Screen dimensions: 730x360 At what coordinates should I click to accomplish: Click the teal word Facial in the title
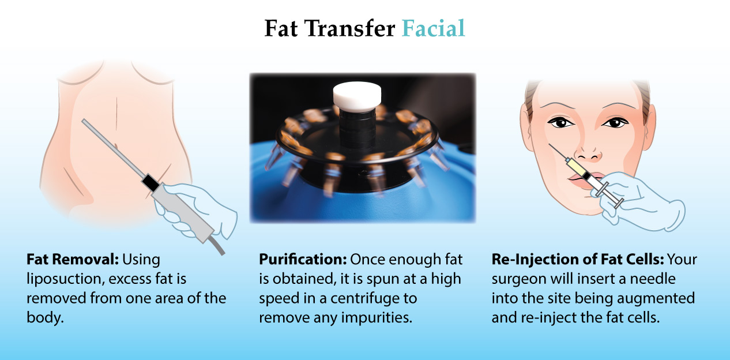(433, 28)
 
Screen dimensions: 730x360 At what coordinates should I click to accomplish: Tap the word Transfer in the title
(349, 28)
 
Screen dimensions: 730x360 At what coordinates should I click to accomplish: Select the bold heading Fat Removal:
(73, 260)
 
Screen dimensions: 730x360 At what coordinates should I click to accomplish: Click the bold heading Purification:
(303, 260)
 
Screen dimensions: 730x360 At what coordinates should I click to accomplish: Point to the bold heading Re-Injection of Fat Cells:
(578, 260)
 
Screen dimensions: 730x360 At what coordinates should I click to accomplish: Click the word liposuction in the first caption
(64, 279)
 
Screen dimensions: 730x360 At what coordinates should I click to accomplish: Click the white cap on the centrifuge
(357, 96)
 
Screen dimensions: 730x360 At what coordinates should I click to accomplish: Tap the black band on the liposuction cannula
(150, 183)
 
